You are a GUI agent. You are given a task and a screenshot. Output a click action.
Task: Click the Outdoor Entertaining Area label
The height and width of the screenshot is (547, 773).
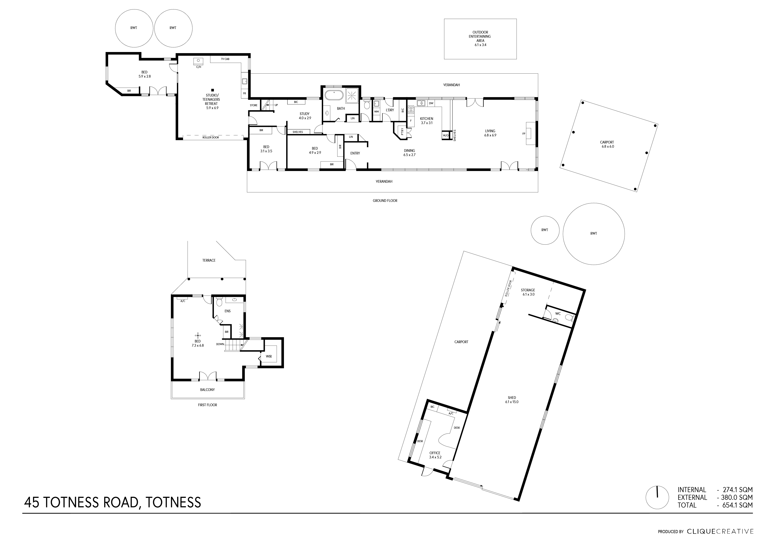point(480,38)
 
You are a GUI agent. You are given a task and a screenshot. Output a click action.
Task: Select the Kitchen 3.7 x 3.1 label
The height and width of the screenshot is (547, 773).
point(426,121)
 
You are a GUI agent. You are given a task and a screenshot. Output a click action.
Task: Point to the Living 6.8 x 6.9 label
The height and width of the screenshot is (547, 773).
point(490,133)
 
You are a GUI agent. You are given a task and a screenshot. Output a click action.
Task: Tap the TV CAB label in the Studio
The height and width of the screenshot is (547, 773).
point(225,59)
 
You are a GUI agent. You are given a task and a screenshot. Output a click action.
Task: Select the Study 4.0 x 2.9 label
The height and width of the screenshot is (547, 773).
point(305,116)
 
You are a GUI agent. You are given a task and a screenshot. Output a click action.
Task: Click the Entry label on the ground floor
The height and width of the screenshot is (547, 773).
point(355,153)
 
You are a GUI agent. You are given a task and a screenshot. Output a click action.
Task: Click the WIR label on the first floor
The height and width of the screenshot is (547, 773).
point(269,356)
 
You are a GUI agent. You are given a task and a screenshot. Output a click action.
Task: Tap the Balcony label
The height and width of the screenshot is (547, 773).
point(207,390)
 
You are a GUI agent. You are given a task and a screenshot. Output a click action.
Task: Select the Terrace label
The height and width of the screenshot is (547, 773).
point(209,260)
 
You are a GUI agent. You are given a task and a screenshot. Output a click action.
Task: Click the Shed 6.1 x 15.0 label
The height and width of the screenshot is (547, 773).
point(512,400)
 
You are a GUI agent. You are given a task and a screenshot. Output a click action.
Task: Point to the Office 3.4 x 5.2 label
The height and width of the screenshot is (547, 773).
point(435,455)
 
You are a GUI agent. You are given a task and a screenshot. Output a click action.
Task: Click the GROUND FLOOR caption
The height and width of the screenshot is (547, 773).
point(385,201)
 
